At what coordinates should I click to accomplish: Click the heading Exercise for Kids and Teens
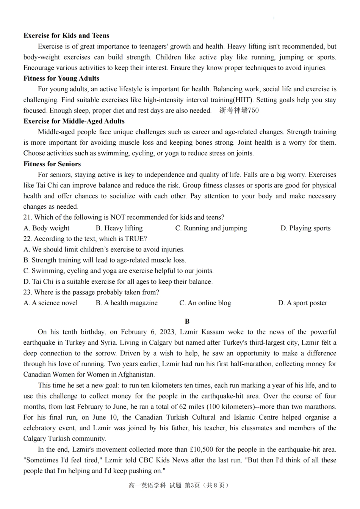click(x=66, y=36)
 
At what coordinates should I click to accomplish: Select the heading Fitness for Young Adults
click(x=61, y=78)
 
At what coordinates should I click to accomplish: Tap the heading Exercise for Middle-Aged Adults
click(x=74, y=121)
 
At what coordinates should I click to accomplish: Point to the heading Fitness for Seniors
click(x=52, y=164)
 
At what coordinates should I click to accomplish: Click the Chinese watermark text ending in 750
click(x=239, y=111)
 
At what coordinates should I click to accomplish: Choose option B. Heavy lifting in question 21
click(x=119, y=228)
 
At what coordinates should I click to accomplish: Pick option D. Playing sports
click(x=305, y=228)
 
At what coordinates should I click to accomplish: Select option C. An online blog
click(x=205, y=303)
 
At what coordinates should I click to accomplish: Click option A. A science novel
click(x=50, y=303)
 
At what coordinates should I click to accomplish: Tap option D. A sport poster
click(x=302, y=303)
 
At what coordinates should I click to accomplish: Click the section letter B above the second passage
click(x=187, y=322)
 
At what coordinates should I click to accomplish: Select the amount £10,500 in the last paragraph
click(x=201, y=450)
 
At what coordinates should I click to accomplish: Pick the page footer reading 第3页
click(x=192, y=486)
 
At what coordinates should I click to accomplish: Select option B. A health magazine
click(x=127, y=303)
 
